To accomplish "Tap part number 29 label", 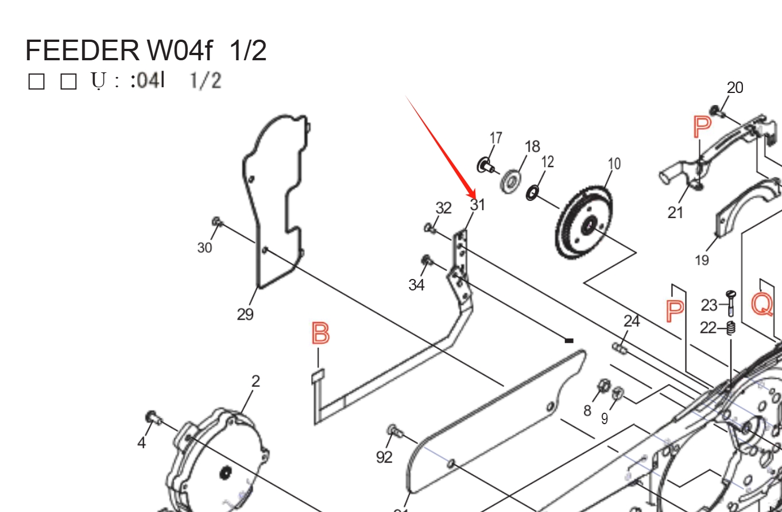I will click(245, 315).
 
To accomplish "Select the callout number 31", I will click(478, 204).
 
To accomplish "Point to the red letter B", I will click(320, 333).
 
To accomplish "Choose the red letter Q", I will click(762, 304).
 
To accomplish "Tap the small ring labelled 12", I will click(532, 193).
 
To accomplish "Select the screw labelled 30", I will click(217, 222).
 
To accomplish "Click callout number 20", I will click(735, 88).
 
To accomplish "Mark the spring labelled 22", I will click(731, 329).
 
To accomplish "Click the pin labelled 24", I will click(618, 347).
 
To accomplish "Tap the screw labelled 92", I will click(393, 429).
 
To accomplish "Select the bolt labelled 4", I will click(152, 417).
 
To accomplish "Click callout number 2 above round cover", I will click(255, 381).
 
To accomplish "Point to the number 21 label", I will click(675, 212).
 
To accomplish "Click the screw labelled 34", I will click(427, 261).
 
